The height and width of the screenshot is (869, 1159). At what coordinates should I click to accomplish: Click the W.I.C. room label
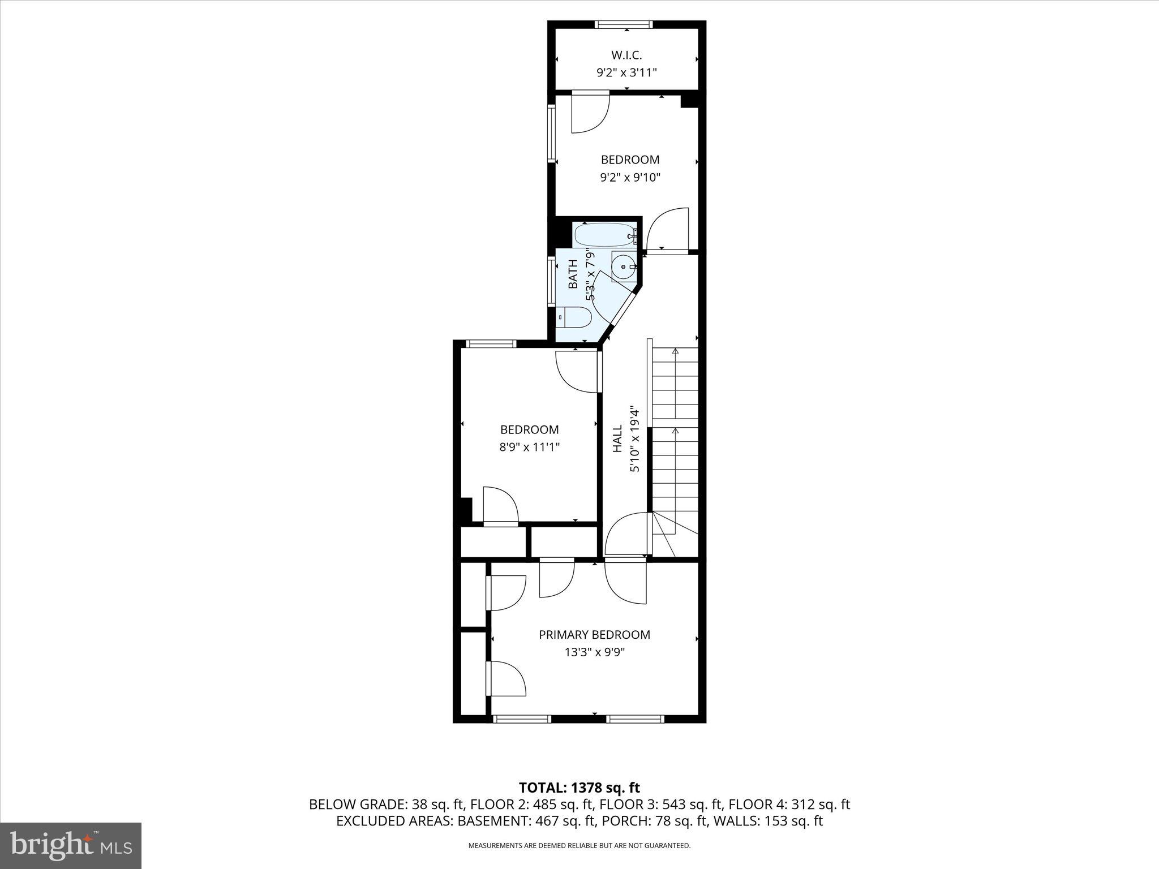coord(626,55)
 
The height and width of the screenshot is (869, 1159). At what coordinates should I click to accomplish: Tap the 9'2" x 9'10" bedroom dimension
coord(630,178)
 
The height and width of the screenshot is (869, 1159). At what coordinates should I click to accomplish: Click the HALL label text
coord(617,439)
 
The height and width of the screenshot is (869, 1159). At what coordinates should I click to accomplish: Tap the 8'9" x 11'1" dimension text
coord(529,447)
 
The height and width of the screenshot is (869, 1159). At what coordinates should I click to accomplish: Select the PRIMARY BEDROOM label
coord(594,635)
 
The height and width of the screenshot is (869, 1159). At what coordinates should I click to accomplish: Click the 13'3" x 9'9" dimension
coord(594,652)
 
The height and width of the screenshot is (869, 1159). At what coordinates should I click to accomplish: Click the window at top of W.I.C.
coord(624,24)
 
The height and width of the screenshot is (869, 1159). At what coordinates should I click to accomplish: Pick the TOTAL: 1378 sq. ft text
coord(579,788)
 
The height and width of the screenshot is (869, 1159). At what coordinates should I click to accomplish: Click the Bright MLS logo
coord(71,846)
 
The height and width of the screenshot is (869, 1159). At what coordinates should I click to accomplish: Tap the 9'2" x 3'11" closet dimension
coord(626,72)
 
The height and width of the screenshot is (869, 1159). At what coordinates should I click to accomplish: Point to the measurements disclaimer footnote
coord(579,846)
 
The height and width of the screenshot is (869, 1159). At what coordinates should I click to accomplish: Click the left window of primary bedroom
coord(522,719)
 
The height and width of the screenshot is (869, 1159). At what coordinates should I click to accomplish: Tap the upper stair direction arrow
coord(675,352)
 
